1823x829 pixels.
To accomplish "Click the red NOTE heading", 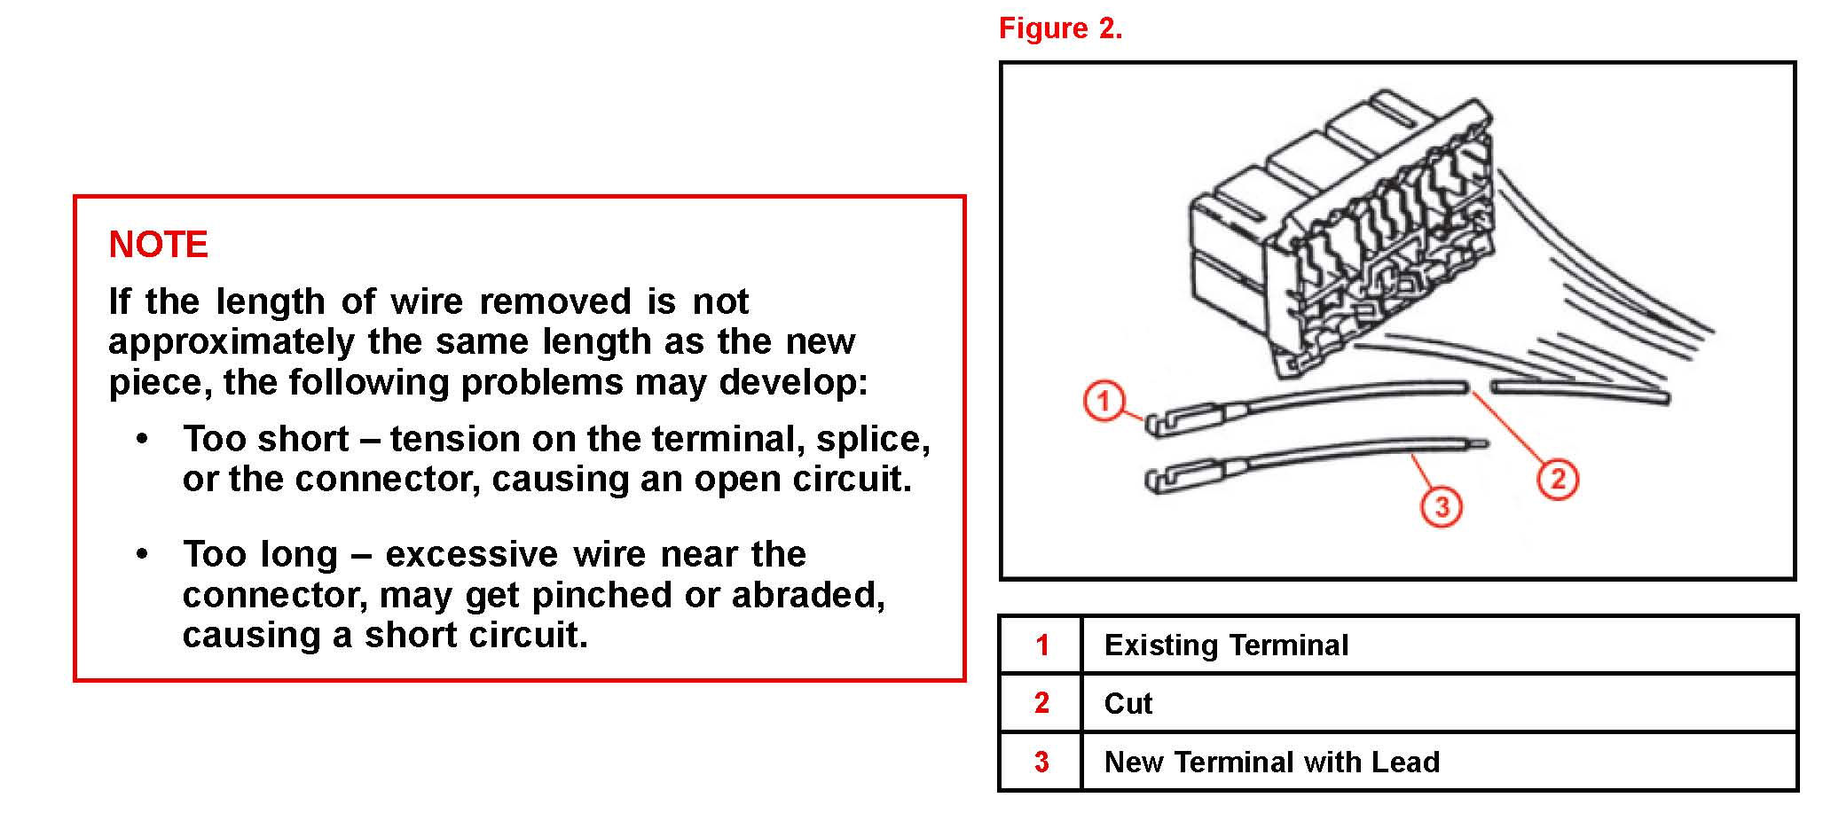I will point(158,245).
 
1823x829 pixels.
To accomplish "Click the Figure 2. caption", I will point(1060,28).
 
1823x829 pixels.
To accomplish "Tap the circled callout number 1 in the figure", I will point(1104,401).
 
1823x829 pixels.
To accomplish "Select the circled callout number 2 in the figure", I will point(1557,480).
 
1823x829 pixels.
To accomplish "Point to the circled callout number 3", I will point(1442,507).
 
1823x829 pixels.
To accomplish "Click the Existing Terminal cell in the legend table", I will point(1226,645).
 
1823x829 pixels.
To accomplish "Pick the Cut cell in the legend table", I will point(1128,704).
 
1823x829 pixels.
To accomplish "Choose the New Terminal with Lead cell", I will point(1271,763).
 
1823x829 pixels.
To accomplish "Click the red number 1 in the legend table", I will point(1042,645).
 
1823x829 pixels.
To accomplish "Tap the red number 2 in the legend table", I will point(1042,704).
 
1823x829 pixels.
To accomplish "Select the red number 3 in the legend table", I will point(1042,763).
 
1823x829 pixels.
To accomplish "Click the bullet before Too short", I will point(142,439).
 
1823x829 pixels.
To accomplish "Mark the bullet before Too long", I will point(142,554).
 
